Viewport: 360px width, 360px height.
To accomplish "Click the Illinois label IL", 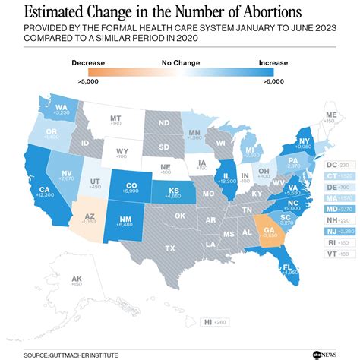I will click(226, 177).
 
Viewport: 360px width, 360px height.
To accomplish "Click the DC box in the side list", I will click(331, 164).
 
